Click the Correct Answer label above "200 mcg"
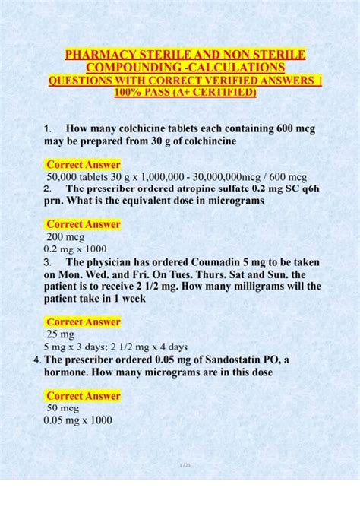(83, 224)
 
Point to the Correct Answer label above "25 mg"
(83, 322)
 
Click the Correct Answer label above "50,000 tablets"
(83, 164)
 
